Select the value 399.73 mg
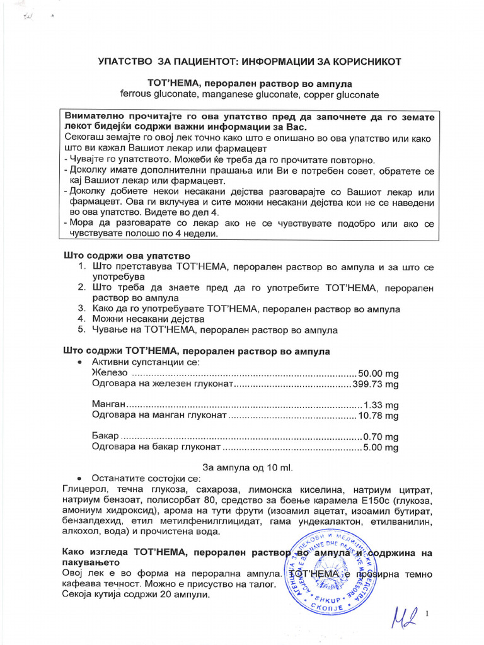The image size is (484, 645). [x=376, y=384]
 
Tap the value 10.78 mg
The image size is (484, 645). [x=378, y=416]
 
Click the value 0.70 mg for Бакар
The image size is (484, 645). [x=381, y=437]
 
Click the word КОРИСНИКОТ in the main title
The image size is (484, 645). [x=362, y=62]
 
